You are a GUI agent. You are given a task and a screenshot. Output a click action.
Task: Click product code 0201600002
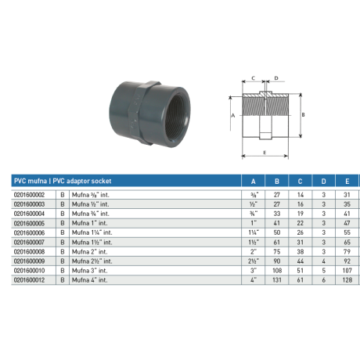coord(29,195)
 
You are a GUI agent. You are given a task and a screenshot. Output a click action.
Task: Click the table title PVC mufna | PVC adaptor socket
coord(63,181)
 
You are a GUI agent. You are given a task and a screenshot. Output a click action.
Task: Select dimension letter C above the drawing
coord(254,77)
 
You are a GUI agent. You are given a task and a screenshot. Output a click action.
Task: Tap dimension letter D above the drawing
coord(275,77)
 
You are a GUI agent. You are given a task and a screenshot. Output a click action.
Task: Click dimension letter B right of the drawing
coord(302,114)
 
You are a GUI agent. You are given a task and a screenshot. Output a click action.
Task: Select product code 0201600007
coord(29,242)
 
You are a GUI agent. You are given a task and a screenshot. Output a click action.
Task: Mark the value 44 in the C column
coord(300,261)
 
